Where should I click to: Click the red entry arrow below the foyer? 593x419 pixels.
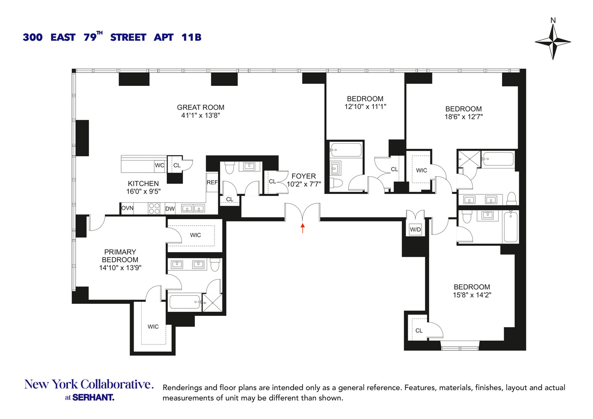303,228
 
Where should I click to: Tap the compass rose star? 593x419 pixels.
553,41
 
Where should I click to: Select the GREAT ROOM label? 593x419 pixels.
200,107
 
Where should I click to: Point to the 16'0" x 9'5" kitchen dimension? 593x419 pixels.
143,191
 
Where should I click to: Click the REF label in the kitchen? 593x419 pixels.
212,182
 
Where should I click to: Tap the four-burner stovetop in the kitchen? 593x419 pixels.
154,208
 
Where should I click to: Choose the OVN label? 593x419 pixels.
127,208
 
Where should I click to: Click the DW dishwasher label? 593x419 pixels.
170,209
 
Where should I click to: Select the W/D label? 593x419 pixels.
415,230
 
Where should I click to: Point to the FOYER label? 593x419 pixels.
303,176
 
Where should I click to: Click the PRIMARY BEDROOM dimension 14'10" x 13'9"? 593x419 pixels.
120,268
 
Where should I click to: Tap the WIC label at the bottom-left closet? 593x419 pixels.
153,327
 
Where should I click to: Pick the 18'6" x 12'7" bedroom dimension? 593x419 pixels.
464,117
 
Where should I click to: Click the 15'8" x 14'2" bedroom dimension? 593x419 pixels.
472,295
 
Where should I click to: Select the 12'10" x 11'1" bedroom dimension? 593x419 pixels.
365,107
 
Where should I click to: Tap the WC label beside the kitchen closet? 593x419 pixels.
159,166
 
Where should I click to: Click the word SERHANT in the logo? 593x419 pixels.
93,397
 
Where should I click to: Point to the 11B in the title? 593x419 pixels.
191,37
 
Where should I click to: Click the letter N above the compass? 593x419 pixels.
553,20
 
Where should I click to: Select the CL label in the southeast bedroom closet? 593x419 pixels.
419,331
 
